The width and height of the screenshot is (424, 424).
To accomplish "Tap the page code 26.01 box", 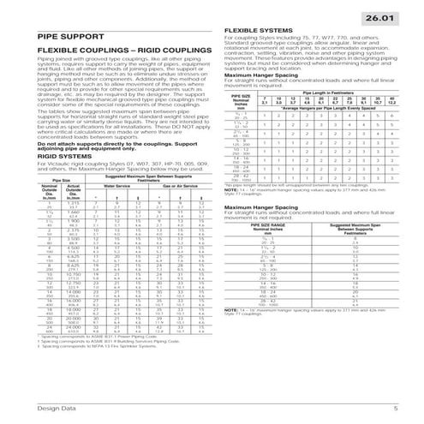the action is coord(389,16).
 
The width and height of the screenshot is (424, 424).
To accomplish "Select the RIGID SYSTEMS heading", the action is coord(41,156).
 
